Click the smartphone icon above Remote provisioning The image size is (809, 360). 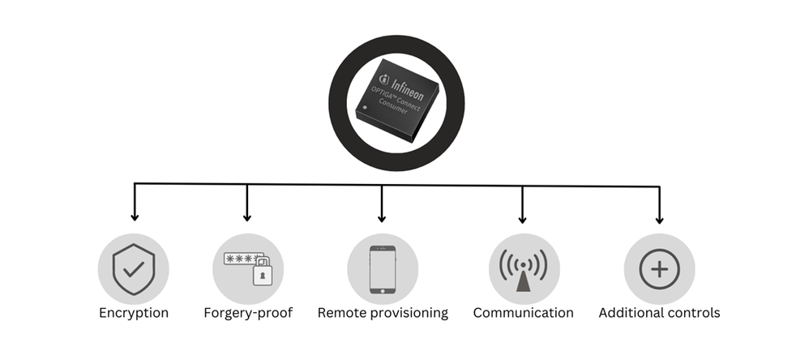383,268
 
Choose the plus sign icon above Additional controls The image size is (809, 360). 659,268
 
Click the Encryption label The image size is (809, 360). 134,313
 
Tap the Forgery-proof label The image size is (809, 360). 247,313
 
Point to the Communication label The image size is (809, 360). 523,313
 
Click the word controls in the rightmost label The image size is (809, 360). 694,313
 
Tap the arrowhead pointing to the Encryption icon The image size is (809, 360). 135,217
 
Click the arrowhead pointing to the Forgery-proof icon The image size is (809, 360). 247,217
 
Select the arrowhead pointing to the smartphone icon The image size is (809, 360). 382,218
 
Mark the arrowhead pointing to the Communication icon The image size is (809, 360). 521,219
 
